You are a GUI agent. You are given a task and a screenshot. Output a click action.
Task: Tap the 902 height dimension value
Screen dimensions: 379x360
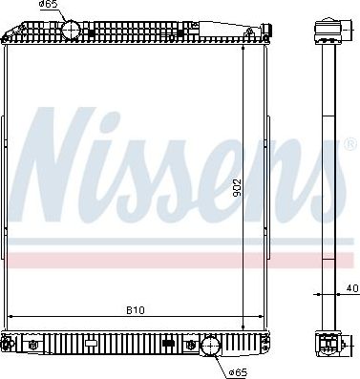pyautogui.click(x=250, y=190)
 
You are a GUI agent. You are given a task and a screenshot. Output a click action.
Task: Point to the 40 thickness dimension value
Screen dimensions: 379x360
pyautogui.click(x=351, y=287)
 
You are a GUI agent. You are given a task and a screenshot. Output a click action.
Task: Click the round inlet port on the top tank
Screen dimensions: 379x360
pyautogui.click(x=73, y=30)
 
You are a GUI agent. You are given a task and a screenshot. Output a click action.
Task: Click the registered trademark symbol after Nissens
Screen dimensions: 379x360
pyautogui.click(x=350, y=144)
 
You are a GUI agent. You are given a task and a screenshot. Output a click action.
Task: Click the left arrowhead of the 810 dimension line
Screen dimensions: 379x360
pyautogui.click(x=11, y=316)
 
